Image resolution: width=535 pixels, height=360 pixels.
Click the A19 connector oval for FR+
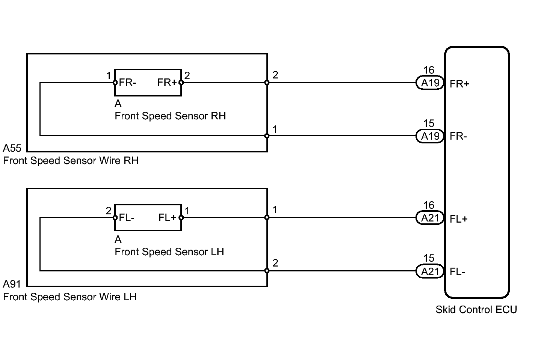pyautogui.click(x=430, y=83)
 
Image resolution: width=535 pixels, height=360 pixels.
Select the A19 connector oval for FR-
pyautogui.click(x=430, y=136)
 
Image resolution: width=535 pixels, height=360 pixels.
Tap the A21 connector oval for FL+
pyautogui.click(x=430, y=218)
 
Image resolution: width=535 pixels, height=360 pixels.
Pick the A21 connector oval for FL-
pyautogui.click(x=430, y=271)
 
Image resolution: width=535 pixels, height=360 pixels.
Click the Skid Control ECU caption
pyautogui.click(x=476, y=310)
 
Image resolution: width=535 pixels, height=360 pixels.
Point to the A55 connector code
pyautogui.click(x=12, y=148)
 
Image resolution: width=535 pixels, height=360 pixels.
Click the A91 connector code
pyautogui.click(x=12, y=284)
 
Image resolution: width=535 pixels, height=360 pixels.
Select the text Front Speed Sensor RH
pyautogui.click(x=170, y=116)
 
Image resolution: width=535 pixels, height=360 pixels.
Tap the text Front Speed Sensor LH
pyautogui.click(x=169, y=252)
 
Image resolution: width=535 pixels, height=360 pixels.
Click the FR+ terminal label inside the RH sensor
pyautogui.click(x=167, y=83)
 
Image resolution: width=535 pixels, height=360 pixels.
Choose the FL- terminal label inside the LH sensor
pyautogui.click(x=127, y=218)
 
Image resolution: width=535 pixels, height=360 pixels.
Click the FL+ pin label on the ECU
pyautogui.click(x=458, y=219)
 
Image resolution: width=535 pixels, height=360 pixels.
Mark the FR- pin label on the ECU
pyautogui.click(x=458, y=136)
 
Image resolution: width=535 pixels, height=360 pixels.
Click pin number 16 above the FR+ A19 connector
pyautogui.click(x=429, y=70)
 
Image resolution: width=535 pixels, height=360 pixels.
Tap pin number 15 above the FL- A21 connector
pyautogui.click(x=429, y=258)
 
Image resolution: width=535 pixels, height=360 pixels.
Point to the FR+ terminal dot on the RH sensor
pyautogui.click(x=181, y=83)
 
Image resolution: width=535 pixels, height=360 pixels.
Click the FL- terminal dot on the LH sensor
pyautogui.click(x=115, y=218)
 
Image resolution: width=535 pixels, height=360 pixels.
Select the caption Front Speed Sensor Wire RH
pyautogui.click(x=71, y=161)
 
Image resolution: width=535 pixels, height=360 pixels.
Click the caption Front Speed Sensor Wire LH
pyautogui.click(x=70, y=297)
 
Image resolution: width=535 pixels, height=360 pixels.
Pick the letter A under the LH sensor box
pyautogui.click(x=118, y=239)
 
